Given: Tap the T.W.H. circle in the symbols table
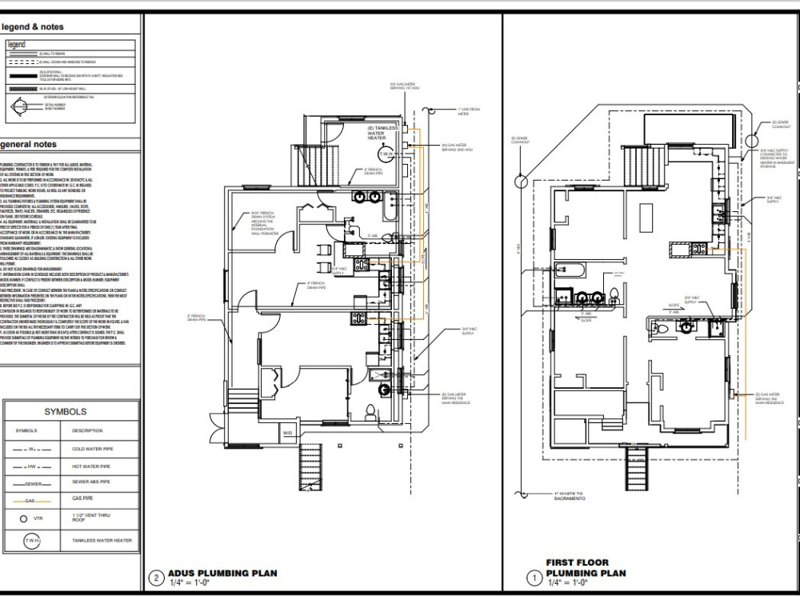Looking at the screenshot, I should (x=33, y=541).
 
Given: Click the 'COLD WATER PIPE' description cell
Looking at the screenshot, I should (x=93, y=450).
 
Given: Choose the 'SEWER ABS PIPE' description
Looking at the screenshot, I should (x=90, y=483).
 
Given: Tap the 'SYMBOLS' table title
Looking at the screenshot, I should (x=66, y=412).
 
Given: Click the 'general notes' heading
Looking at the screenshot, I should (x=29, y=145).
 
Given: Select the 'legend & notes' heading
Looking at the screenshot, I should (x=33, y=27).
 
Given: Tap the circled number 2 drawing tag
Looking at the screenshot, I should (x=157, y=578).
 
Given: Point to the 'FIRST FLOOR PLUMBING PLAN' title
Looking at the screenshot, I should (x=586, y=568).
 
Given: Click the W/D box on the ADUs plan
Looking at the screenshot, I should (x=287, y=434).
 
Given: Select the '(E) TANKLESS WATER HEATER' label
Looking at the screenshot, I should (x=382, y=133).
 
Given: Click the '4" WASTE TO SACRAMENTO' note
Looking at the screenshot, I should (x=571, y=496).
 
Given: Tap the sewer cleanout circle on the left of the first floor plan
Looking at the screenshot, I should (x=520, y=181).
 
